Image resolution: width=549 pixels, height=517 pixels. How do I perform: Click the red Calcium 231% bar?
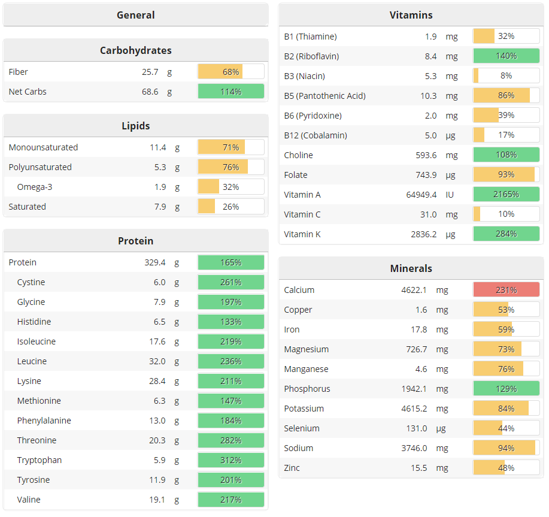pos(506,290)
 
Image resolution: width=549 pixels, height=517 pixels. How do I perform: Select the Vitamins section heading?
pos(411,15)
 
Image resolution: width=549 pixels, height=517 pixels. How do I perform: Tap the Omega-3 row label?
pos(35,187)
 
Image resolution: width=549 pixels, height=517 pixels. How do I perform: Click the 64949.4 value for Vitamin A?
pos(421,195)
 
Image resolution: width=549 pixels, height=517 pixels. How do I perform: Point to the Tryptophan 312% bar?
pos(230,460)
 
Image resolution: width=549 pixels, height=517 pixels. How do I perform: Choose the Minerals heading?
pos(411,268)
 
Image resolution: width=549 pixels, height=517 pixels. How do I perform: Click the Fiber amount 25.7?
pos(150,72)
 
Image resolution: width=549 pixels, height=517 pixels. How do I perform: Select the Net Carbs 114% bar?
pos(230,92)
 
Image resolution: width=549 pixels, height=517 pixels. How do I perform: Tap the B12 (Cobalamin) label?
pos(316,135)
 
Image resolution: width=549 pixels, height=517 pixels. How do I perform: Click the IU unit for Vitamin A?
pos(450,195)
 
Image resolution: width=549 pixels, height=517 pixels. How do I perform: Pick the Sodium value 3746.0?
pos(414,448)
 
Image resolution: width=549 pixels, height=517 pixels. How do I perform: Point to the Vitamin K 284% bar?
pos(506,234)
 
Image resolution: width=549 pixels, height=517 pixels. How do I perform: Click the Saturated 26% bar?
pos(230,207)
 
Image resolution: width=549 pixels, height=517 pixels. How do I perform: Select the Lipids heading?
pos(136,126)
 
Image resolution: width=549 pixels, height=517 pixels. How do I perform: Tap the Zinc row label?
pos(292,468)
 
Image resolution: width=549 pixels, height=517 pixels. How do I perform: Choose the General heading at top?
pos(136,15)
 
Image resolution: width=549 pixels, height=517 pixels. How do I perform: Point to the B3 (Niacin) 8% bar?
pos(506,76)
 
